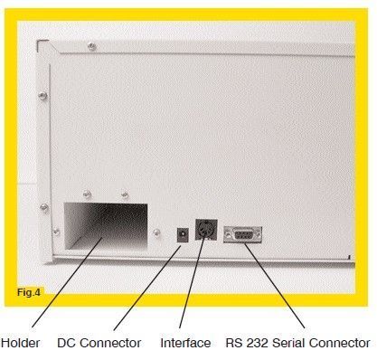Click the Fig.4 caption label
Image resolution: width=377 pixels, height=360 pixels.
pos(31,292)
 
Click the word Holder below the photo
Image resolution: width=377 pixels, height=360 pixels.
pos(20,343)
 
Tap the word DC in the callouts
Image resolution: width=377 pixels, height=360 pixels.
pos(66,343)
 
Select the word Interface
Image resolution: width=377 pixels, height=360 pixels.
pos(185,343)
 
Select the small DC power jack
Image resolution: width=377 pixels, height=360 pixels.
pos(182,233)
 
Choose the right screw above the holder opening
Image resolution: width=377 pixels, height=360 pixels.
pos(124,194)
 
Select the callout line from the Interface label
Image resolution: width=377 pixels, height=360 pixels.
pos(193,289)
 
